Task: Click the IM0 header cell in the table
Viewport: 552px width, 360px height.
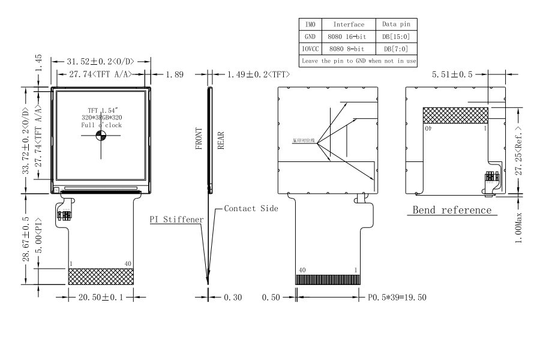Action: click(x=310, y=25)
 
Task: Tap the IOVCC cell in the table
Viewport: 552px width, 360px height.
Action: click(x=310, y=48)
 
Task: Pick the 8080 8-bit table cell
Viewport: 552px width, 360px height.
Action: click(x=349, y=48)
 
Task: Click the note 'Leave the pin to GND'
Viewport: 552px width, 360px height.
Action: click(x=358, y=61)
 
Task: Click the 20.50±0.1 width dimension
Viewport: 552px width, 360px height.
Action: click(x=100, y=297)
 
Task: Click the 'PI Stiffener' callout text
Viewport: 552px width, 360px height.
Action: click(x=176, y=220)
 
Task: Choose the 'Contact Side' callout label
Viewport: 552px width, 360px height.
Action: click(x=251, y=209)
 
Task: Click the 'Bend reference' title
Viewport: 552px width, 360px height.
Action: click(x=452, y=210)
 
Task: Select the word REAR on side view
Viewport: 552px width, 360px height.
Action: click(x=221, y=139)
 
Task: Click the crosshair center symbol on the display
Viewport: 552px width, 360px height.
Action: click(x=101, y=137)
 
